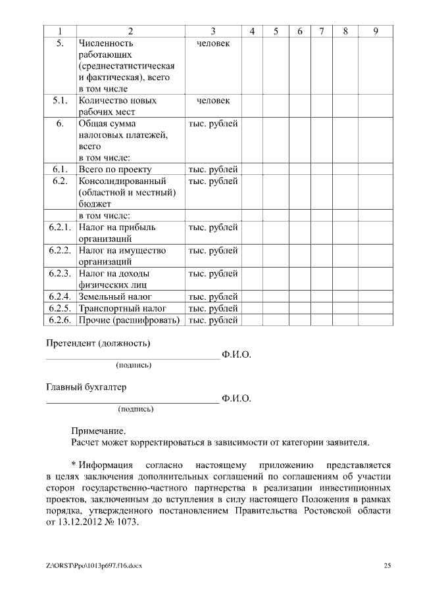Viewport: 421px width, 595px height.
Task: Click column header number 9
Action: pos(375,32)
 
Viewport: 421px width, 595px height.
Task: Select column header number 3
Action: pos(212,32)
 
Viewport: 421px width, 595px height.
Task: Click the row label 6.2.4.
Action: pos(59,297)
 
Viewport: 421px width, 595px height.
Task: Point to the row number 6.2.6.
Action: pos(59,320)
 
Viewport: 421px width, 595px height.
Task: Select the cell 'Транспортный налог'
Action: pos(122,308)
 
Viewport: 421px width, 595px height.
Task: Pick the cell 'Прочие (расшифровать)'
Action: pos(129,320)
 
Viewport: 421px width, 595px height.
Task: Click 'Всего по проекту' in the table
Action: pos(115,169)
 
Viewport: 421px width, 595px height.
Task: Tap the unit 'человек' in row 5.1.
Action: pos(213,101)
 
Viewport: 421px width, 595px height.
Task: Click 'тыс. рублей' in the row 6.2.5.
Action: pos(213,308)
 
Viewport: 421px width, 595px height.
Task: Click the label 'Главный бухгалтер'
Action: pos(86,387)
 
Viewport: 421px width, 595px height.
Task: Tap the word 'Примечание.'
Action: pos(98,431)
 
